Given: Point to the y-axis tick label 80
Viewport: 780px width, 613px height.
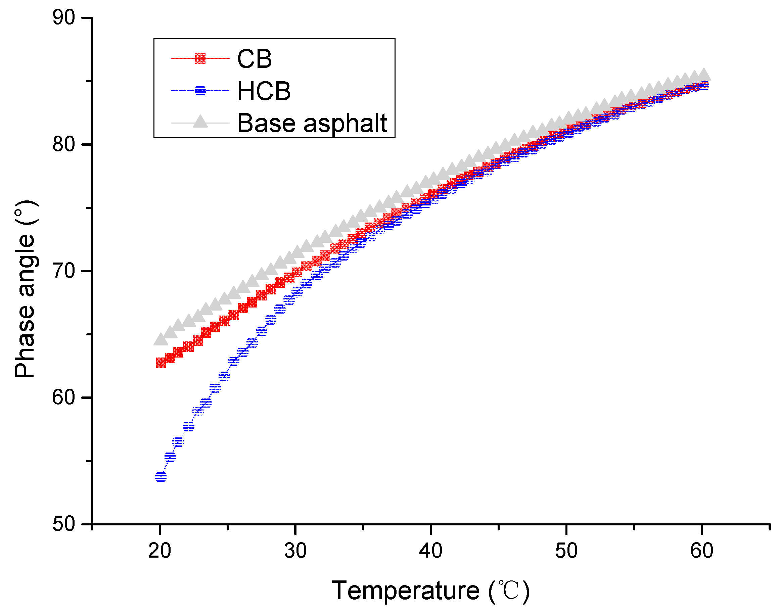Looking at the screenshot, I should (x=63, y=144).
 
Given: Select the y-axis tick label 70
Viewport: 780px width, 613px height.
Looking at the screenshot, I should (x=63, y=271).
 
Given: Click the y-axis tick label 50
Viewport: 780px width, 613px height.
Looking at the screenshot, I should (x=63, y=524).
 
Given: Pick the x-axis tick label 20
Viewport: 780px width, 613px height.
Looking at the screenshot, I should (x=159, y=551).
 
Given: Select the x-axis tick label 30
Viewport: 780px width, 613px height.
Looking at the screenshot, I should (x=295, y=551).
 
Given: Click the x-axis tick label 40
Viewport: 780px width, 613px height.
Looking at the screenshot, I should (x=430, y=551).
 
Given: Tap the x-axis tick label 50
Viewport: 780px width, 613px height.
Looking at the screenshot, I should (x=566, y=551).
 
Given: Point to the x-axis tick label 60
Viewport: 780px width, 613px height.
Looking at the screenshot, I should (x=701, y=551).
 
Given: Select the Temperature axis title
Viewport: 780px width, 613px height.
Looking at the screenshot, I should (x=430, y=591).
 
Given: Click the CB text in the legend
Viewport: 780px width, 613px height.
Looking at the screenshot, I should (x=255, y=58).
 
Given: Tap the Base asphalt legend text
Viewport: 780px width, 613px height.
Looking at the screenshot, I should (x=312, y=123).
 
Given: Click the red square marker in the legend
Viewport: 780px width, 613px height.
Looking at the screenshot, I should (x=200, y=58).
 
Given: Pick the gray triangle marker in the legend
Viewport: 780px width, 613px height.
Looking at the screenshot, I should (x=200, y=122).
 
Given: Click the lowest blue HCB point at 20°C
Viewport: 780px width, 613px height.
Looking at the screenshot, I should (x=161, y=477).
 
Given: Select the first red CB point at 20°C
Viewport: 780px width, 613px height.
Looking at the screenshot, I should (x=160, y=363).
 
